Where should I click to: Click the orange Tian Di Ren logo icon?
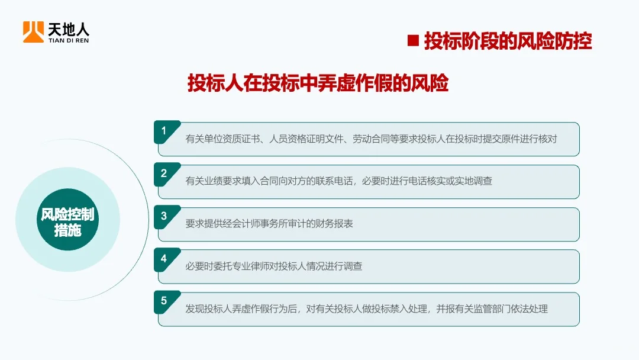pos(33,32)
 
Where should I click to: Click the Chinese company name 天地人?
pos(69,28)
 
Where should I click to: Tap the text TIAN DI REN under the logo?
pos(69,40)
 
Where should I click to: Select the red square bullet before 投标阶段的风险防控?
pos(414,41)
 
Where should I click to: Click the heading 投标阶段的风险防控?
pos(508,41)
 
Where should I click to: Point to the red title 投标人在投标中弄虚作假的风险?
pos(318,83)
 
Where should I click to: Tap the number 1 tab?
pos(164,131)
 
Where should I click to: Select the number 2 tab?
pos(164,173)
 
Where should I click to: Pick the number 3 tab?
pos(164,216)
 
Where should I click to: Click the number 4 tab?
pos(164,259)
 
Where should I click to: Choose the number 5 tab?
pos(164,301)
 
